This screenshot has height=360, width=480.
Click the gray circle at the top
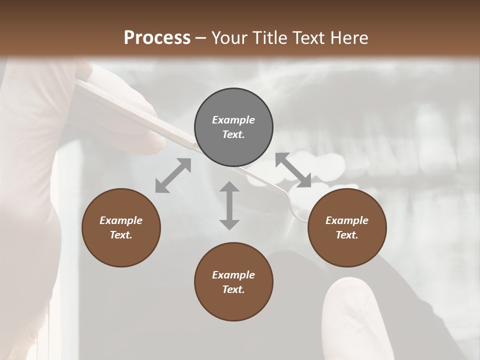[233, 127]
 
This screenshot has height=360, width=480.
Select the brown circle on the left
[121, 227]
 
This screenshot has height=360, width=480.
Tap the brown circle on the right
[347, 227]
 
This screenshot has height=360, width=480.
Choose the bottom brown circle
[233, 282]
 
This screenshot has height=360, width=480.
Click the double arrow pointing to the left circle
[173, 175]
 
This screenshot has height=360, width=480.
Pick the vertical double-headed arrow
[229, 205]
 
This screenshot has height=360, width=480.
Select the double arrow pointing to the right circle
[293, 170]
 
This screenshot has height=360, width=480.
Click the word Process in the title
[157, 37]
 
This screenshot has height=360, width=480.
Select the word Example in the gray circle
[233, 120]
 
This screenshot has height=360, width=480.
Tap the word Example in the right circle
[347, 220]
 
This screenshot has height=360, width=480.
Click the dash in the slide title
[200, 38]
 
